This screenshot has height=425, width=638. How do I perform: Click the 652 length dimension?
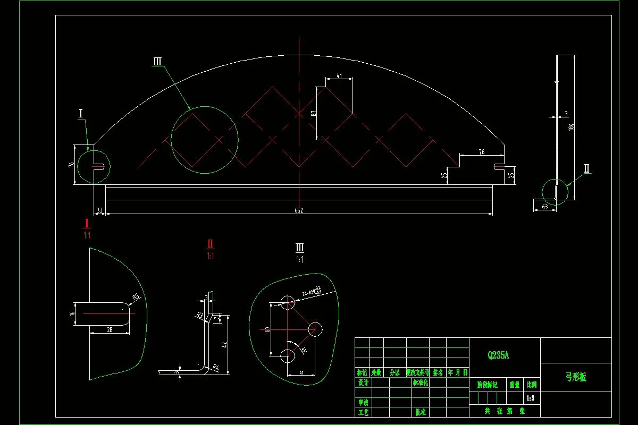coord(299,211)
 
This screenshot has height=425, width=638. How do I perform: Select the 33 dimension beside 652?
coord(99,211)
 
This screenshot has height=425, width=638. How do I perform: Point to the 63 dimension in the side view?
coord(545,207)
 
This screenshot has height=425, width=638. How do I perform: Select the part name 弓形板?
coord(575,377)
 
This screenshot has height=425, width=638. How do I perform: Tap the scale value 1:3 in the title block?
coord(531,397)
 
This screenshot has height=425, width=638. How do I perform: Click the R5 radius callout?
coord(136,297)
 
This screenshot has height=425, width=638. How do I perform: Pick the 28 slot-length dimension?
coord(110,330)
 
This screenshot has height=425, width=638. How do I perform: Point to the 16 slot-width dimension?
coord(72,314)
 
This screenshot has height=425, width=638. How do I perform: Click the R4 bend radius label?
coord(215,367)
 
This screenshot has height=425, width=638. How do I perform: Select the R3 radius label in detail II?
coord(200,316)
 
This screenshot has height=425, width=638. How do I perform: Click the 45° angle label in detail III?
coord(304,351)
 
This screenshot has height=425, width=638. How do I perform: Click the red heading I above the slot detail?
coord(87,224)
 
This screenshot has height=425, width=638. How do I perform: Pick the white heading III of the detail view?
coord(300,248)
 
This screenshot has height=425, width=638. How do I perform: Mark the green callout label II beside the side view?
coord(587,169)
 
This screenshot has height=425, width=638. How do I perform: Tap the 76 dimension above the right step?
coord(481,152)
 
